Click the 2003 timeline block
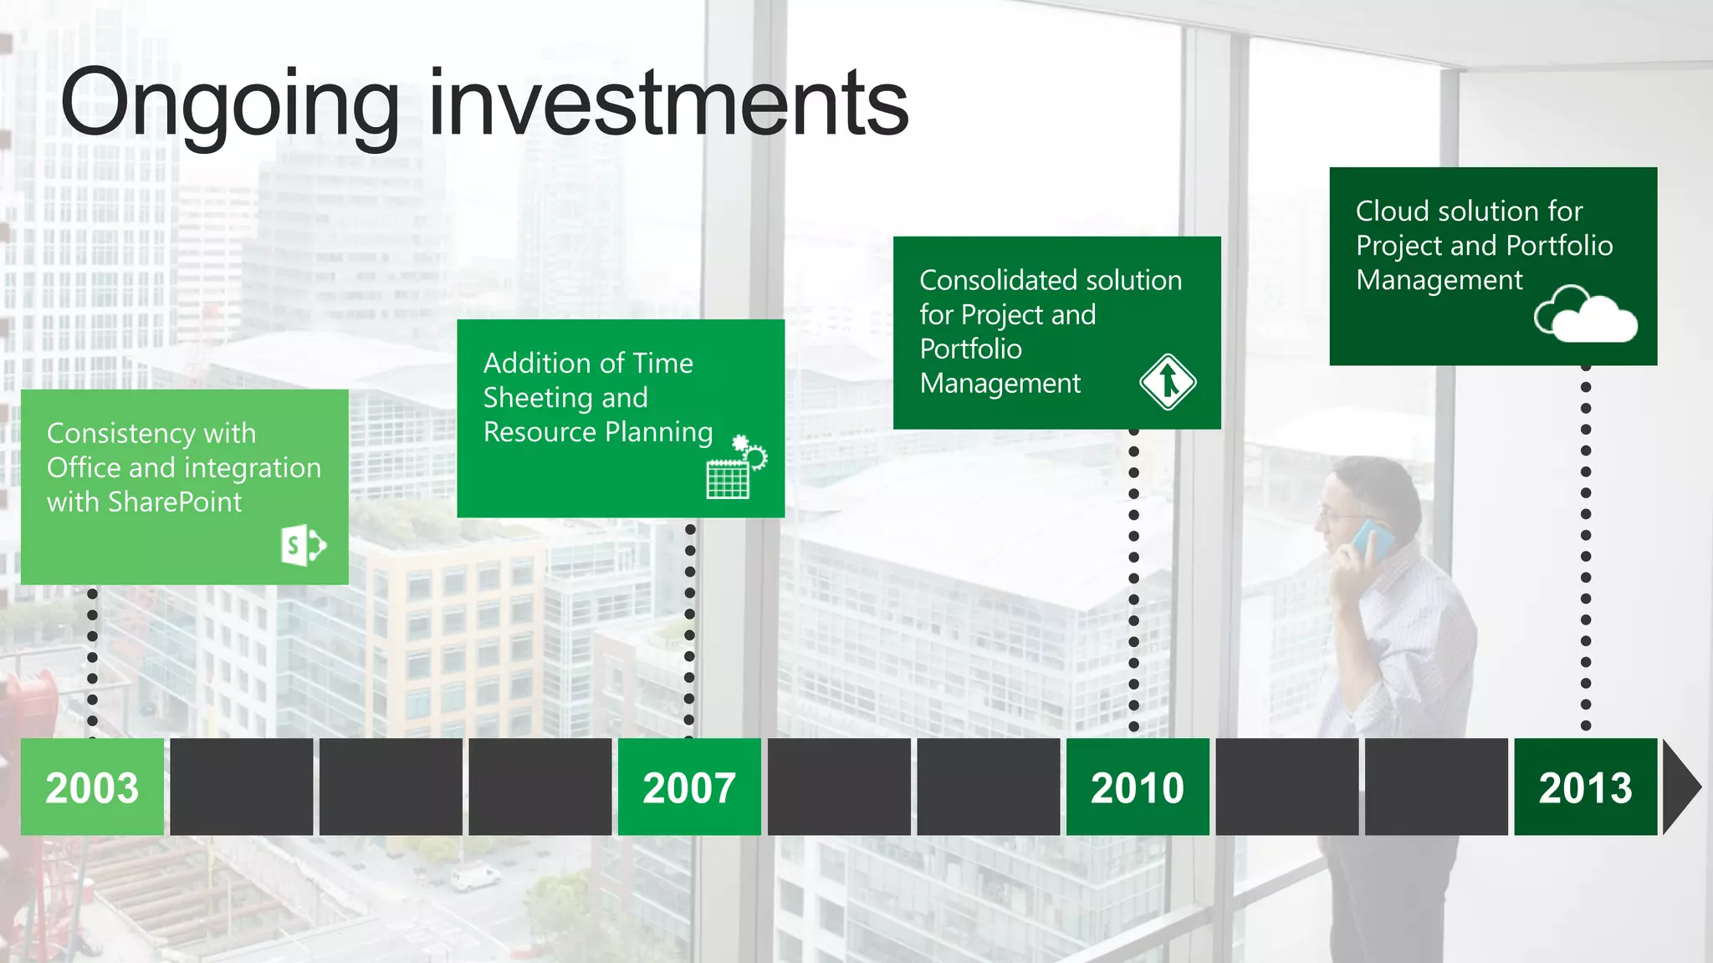coord(92,787)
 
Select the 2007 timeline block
coord(689,787)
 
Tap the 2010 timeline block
coord(1138,787)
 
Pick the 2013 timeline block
coord(1585,787)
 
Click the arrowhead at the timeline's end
coord(1680,787)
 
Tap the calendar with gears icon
coord(735,468)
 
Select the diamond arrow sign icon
coord(1168,382)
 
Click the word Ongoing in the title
coord(230,104)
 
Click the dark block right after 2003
coord(241,787)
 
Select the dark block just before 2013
coord(1436,787)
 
